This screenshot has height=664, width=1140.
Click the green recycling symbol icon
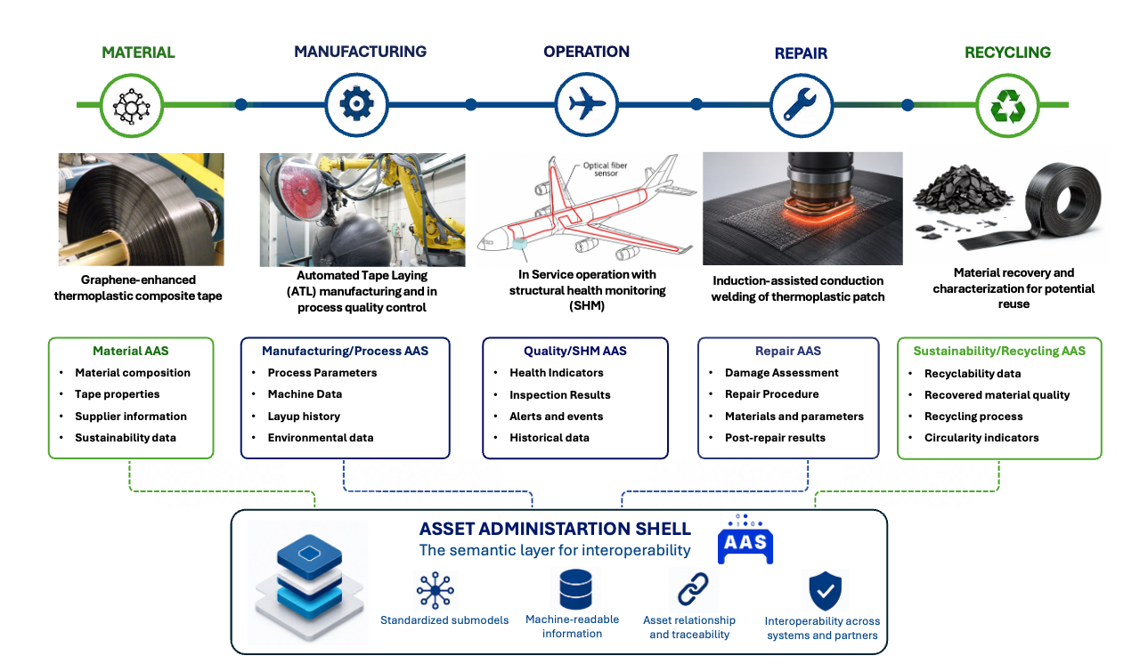pyautogui.click(x=1007, y=106)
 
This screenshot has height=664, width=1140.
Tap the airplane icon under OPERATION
pyautogui.click(x=587, y=104)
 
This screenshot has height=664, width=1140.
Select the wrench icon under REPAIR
pyautogui.click(x=800, y=104)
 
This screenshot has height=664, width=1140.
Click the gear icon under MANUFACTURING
pyautogui.click(x=356, y=104)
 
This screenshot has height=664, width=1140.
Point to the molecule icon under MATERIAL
pyautogui.click(x=131, y=106)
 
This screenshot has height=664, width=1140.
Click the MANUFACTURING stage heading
pyautogui.click(x=361, y=52)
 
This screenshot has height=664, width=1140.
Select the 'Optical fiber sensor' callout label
pyautogui.click(x=605, y=169)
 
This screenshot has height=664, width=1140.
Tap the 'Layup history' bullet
pyautogui.click(x=304, y=416)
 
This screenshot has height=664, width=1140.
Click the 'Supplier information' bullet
pyautogui.click(x=131, y=416)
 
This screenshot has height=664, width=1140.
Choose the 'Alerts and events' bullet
pyautogui.click(x=557, y=416)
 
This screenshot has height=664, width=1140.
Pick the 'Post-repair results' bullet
pyautogui.click(x=775, y=437)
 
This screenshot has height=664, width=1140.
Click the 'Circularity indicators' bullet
pyautogui.click(x=981, y=437)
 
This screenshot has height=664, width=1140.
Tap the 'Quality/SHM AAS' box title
pyautogui.click(x=575, y=351)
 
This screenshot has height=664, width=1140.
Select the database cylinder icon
pyautogui.click(x=575, y=589)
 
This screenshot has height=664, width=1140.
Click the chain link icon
pyautogui.click(x=693, y=588)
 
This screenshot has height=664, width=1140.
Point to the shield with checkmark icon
pyautogui.click(x=825, y=590)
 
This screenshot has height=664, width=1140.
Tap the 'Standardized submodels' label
pyautogui.click(x=444, y=619)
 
